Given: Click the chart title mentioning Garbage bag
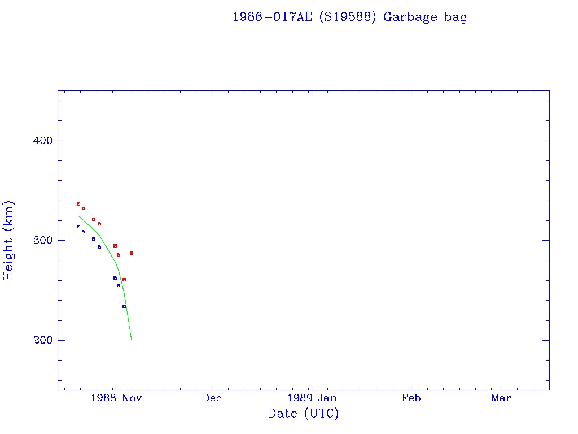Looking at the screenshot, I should coord(349,17).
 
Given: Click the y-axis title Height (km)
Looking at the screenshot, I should coord(9,240).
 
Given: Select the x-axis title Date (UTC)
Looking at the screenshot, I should coord(304,414).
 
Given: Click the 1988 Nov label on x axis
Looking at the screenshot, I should coord(115,398).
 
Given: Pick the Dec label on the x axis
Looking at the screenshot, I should coord(212,398).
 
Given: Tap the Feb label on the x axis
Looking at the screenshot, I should coord(411,398).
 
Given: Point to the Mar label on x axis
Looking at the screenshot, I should coord(501,398).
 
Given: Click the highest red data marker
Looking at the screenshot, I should coord(78,204).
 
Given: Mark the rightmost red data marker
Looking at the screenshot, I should coord(131,253).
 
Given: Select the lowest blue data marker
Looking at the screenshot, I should coord(124,306).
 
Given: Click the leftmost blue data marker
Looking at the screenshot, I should coord(78,227).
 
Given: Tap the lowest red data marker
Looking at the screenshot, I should coord(124,280).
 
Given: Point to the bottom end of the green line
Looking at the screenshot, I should coord(131,339).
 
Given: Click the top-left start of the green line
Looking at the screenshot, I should coord(78,216).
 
